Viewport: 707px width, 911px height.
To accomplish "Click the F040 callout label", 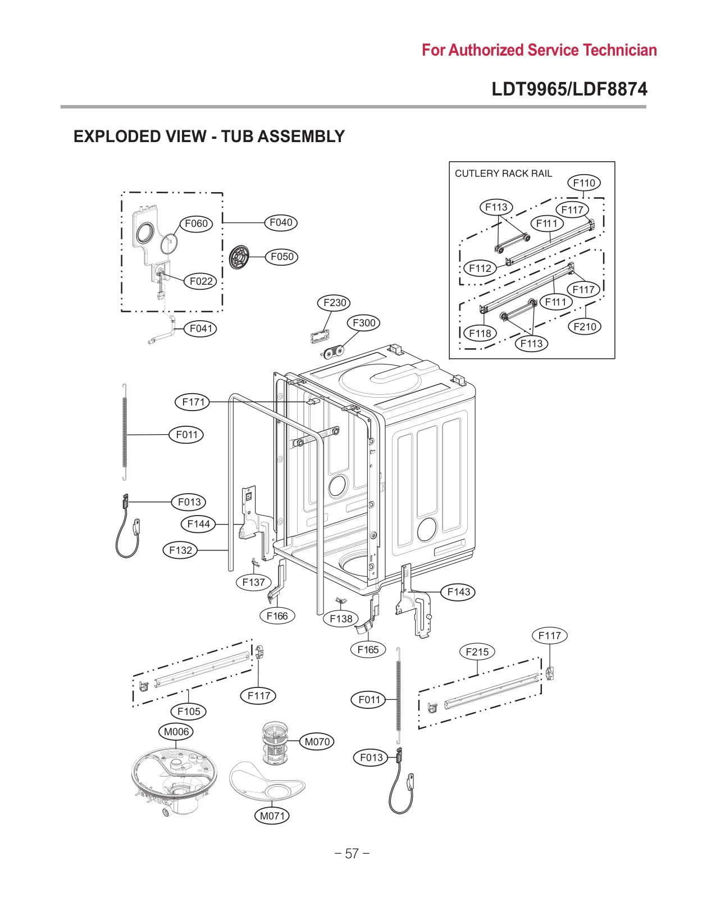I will point(281,222).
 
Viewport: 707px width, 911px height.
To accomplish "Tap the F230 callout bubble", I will point(335,303).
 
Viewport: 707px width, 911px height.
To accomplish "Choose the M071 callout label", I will point(272,816).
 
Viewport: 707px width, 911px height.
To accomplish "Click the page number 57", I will point(352,854).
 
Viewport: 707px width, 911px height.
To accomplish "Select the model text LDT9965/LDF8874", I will point(569,89).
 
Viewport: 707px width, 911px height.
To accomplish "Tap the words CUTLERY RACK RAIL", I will point(503,174).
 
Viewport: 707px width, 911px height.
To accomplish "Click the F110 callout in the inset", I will point(584,183).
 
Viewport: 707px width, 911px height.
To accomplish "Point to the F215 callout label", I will point(477,652).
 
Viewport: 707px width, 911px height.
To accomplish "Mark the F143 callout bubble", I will point(459,591).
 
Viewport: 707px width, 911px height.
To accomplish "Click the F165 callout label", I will point(368,649).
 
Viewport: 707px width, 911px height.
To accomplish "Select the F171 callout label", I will point(193,402).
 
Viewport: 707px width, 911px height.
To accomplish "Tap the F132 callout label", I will point(180,550).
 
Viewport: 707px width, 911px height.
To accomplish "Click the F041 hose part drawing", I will point(163,335).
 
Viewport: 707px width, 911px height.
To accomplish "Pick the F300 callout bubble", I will point(364,323).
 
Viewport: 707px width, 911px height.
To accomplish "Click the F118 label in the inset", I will point(480,333).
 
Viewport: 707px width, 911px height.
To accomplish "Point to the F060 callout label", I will point(196,224).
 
